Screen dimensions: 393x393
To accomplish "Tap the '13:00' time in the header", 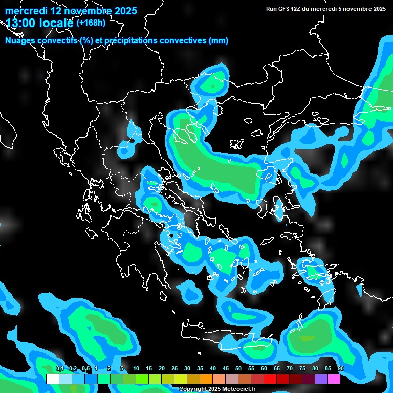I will click(x=19, y=23).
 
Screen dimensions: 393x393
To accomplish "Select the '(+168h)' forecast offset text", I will click(x=91, y=23).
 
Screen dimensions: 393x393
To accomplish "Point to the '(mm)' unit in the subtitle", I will click(x=219, y=41).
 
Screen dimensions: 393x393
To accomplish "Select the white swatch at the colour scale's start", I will click(x=52, y=379).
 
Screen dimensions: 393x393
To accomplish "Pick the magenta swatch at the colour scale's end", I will click(x=334, y=379).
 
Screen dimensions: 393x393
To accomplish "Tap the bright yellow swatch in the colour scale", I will click(x=180, y=379).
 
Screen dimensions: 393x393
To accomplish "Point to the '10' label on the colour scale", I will click(x=136, y=368).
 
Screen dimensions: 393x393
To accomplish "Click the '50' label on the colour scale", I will click(x=238, y=368).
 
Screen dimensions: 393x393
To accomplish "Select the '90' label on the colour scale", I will click(x=341, y=368).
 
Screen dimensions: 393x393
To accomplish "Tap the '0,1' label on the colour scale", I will click(x=60, y=368).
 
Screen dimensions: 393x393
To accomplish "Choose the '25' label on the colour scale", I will click(x=174, y=368).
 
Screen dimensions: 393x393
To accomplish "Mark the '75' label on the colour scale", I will click(x=302, y=368).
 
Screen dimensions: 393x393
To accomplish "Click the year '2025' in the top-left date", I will click(x=123, y=10).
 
